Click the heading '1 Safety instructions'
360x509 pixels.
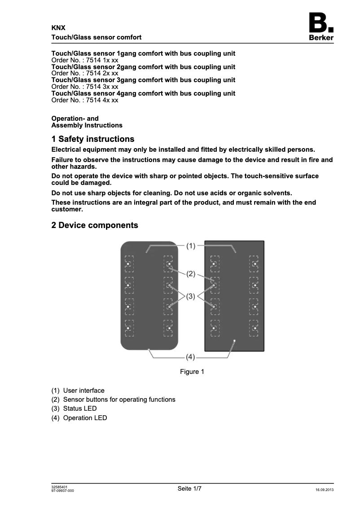click(x=93, y=139)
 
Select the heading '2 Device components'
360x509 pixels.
click(x=95, y=225)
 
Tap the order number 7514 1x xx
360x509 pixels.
click(x=85, y=60)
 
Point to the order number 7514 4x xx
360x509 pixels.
click(x=85, y=100)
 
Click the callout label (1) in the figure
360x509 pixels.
click(x=191, y=246)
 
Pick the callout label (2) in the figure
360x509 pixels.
click(x=191, y=273)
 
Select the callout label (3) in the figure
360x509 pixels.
click(x=191, y=296)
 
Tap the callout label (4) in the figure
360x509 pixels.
click(x=191, y=357)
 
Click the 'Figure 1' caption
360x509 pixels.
click(x=192, y=372)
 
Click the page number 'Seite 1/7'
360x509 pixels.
click(x=189, y=489)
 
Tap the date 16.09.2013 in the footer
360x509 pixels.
click(x=325, y=490)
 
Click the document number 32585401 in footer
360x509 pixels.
click(x=60, y=487)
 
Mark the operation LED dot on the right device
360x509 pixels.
click(x=234, y=342)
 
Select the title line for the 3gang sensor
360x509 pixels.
click(x=143, y=80)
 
